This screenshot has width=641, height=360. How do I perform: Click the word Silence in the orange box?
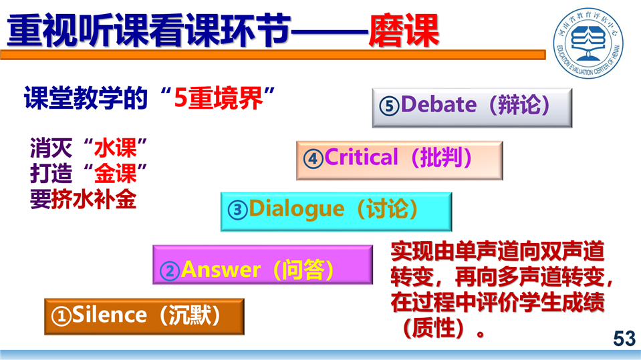pos(109,315)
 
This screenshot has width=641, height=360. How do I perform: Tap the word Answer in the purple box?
pos(221,269)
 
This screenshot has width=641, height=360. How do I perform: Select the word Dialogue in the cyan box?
pos(296,209)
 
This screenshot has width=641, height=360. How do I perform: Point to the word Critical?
pos(361,158)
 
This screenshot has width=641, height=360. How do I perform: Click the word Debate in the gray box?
pos(438,105)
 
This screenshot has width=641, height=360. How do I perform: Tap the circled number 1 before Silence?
pos(61,317)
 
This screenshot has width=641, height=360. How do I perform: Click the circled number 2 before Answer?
pos(170,271)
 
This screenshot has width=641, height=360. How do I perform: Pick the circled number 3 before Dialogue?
pos(238,210)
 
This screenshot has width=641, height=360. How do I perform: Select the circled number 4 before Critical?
pos(313,158)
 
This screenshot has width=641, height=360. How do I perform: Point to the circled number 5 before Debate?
pos(389,106)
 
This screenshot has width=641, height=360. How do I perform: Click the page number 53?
pos(624,339)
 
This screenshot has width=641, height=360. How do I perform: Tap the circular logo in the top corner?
pos(588,43)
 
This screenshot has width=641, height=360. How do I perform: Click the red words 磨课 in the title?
pos(404,31)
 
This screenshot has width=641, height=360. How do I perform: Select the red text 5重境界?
pos(219,98)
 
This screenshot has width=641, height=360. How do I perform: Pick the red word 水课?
pos(115,148)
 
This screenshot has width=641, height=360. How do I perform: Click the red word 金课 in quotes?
pos(115,174)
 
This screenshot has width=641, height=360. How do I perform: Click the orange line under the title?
pos(273,55)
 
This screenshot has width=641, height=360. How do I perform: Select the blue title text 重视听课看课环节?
pos(149,31)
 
